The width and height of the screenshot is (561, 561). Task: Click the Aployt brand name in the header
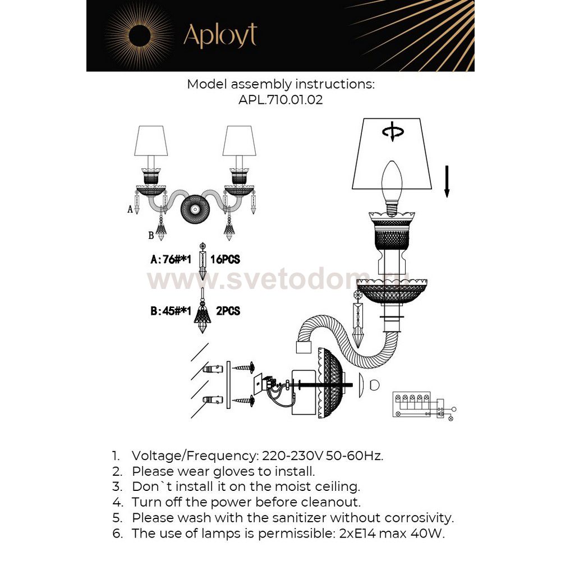pyautogui.click(x=220, y=36)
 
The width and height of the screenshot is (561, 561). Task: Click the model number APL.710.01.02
pyautogui.click(x=280, y=101)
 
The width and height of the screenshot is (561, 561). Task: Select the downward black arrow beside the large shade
pyautogui.click(x=447, y=180)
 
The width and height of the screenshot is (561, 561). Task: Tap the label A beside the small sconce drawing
pyautogui.click(x=130, y=209)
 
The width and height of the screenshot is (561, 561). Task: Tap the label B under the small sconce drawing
pyautogui.click(x=151, y=235)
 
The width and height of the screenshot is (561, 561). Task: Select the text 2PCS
pyautogui.click(x=227, y=310)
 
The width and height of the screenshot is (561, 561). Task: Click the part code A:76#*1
pyautogui.click(x=171, y=260)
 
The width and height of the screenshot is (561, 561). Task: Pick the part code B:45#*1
pyautogui.click(x=171, y=311)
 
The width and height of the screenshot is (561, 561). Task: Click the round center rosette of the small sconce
pyautogui.click(x=195, y=209)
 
